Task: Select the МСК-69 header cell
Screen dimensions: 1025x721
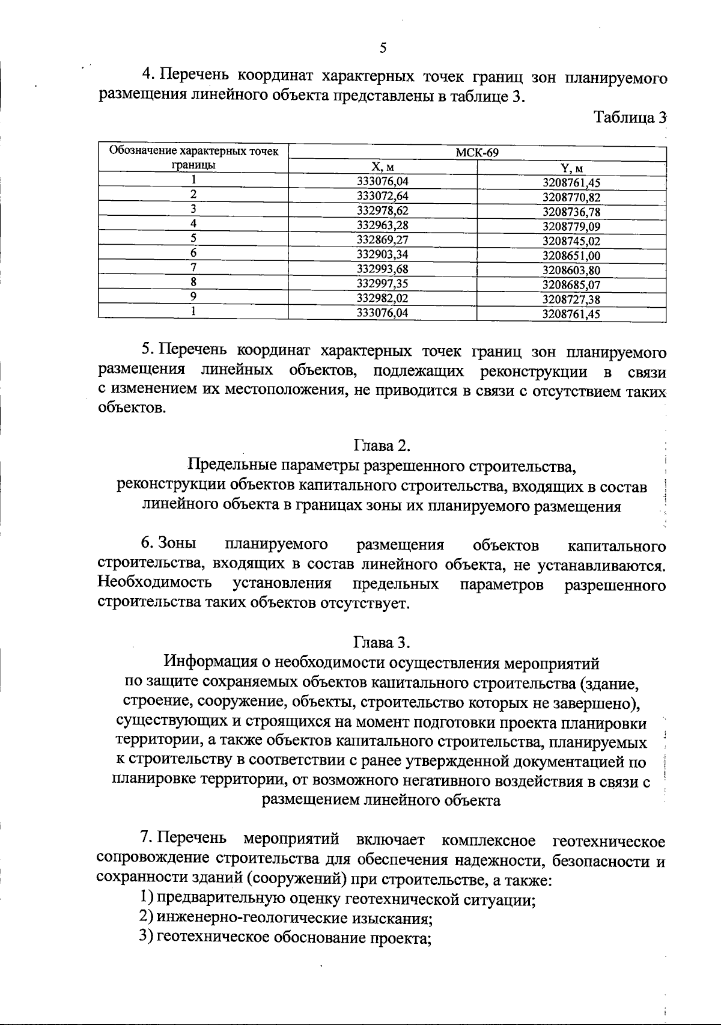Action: pyautogui.click(x=477, y=153)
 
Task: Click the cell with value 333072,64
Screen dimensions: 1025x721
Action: pyautogui.click(x=383, y=196)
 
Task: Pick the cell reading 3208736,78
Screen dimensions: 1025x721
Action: pyautogui.click(x=571, y=212)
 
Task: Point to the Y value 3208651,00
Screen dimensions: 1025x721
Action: pyautogui.click(x=571, y=255)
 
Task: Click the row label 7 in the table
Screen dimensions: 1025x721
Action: pyautogui.click(x=193, y=268)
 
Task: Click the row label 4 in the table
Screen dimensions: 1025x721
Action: pyautogui.click(x=193, y=224)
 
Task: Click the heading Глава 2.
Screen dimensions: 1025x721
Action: pyautogui.click(x=382, y=445)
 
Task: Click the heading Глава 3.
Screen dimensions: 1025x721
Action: pyautogui.click(x=382, y=643)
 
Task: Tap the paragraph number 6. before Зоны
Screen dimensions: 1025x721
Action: pyautogui.click(x=148, y=544)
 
